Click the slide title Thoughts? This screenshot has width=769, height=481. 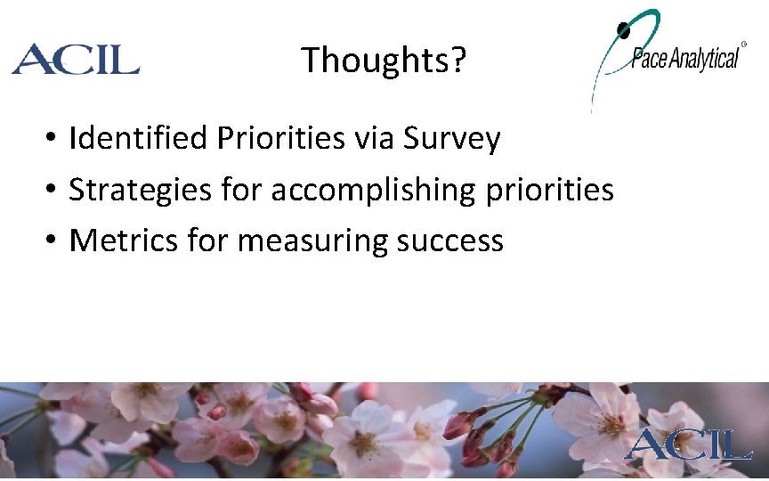point(383,61)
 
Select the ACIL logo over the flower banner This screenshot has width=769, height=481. point(688,443)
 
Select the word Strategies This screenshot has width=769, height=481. point(130,190)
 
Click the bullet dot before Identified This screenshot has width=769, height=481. point(53,140)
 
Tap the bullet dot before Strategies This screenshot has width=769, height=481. point(53,191)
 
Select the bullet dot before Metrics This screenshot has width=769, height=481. point(53,241)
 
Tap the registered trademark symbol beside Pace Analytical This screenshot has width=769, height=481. point(744,44)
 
